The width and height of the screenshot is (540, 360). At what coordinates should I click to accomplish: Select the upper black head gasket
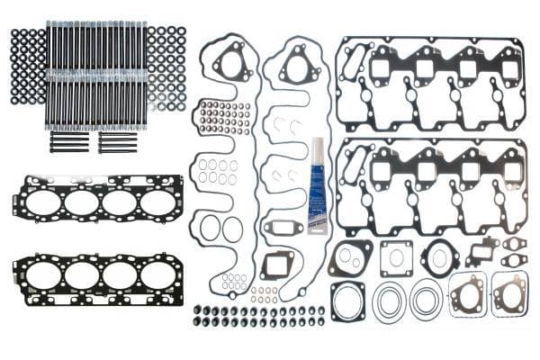pyautogui.click(x=98, y=202)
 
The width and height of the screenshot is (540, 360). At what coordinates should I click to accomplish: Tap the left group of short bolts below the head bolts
pyautogui.click(x=69, y=143)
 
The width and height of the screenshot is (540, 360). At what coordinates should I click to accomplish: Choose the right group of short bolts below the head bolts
pyautogui.click(x=117, y=143)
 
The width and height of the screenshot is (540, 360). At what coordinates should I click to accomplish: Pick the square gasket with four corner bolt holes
pyautogui.click(x=396, y=258)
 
